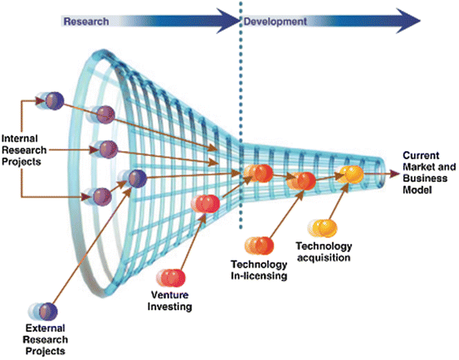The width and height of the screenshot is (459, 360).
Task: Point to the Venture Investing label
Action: tap(171, 301)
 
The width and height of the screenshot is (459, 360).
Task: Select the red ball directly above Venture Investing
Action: tap(179, 278)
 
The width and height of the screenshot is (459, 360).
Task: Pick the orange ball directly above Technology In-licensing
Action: tap(259, 245)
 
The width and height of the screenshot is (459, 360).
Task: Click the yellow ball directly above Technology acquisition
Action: tap(323, 226)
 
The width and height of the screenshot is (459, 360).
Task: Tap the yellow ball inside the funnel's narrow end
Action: tap(352, 173)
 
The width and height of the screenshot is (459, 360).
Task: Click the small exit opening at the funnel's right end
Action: tap(382, 172)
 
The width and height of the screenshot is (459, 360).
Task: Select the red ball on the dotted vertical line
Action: tap(257, 173)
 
